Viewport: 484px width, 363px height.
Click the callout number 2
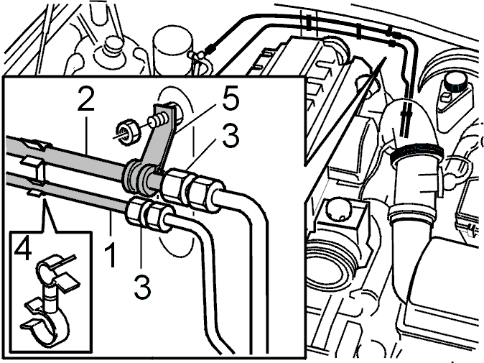click(x=85, y=98)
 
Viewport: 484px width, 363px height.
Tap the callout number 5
click(x=231, y=98)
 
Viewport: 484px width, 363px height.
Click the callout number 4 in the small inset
click(x=23, y=250)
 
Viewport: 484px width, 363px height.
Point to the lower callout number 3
click(x=142, y=287)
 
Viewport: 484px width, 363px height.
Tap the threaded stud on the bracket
click(x=159, y=120)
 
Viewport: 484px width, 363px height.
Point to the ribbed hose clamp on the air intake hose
click(x=416, y=153)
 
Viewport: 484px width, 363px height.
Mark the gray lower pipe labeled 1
click(x=68, y=193)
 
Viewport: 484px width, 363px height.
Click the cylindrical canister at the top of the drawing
click(x=172, y=51)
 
